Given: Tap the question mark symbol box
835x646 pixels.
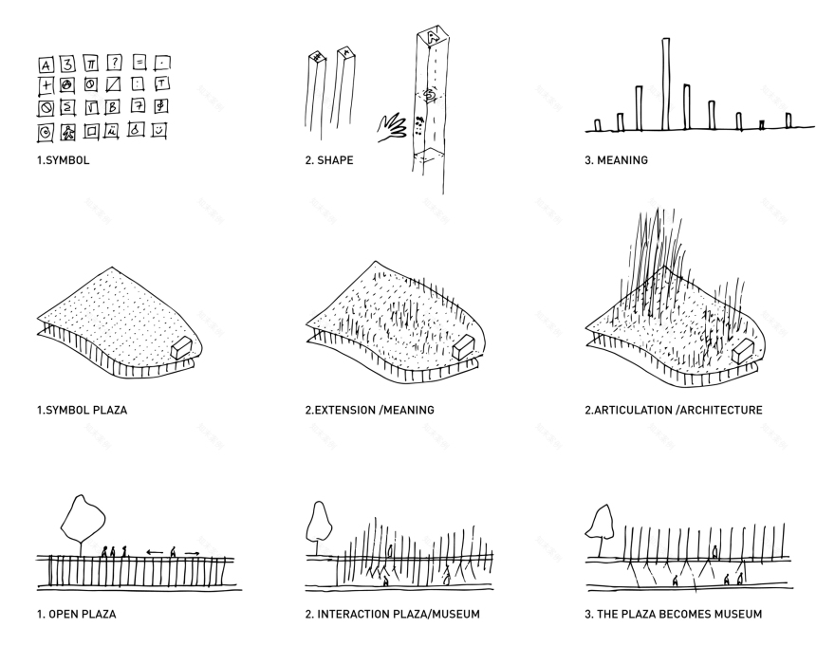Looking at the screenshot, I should pyautogui.click(x=114, y=64).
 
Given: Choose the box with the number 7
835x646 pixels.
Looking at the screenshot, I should pyautogui.click(x=139, y=105).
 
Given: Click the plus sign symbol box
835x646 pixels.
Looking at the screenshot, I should pyautogui.click(x=45, y=85).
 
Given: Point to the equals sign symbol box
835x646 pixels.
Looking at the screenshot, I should pyautogui.click(x=139, y=63).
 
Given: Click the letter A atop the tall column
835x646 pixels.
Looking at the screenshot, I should pyautogui.click(x=431, y=37).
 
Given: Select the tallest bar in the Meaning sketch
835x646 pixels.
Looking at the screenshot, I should pyautogui.click(x=666, y=83).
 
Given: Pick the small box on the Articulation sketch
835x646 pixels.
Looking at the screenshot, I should pyautogui.click(x=744, y=350).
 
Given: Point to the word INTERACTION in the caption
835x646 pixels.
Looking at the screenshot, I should pyautogui.click(x=353, y=615).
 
